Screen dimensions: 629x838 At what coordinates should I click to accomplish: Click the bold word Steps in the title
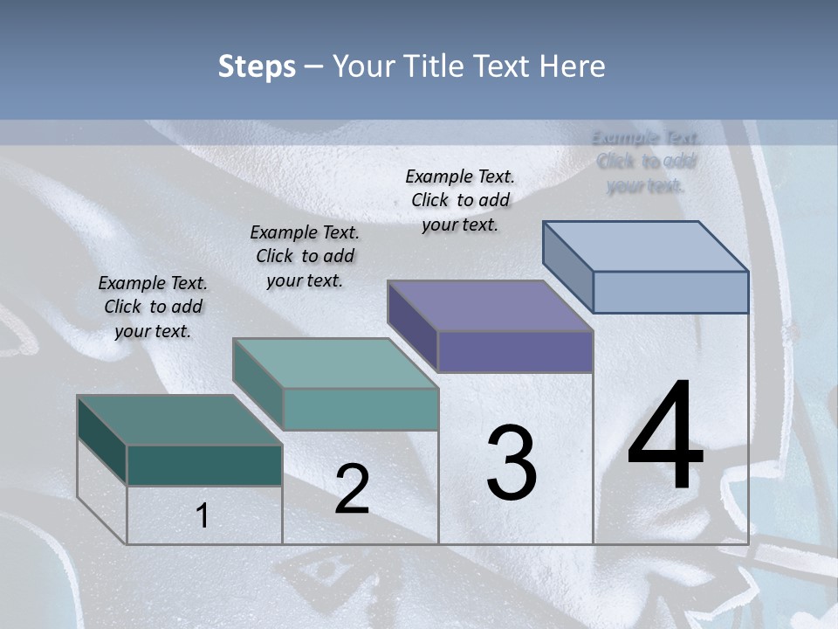[x=257, y=66]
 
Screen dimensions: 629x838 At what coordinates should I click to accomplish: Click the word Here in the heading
[x=573, y=66]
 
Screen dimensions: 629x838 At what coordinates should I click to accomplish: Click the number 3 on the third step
[x=512, y=463]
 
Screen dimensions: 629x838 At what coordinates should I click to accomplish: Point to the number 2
[x=352, y=489]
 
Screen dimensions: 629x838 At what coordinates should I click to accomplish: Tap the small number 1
[x=203, y=516]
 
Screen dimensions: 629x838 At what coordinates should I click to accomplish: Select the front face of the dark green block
[x=204, y=465]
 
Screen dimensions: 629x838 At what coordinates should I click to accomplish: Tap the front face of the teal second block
[x=361, y=409]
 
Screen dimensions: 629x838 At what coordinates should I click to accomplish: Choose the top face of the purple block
[x=490, y=306]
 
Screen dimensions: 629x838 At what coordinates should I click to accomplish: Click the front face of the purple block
[x=515, y=351]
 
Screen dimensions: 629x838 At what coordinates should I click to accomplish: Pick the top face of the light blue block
[x=645, y=246]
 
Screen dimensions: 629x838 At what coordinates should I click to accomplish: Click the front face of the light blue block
[x=670, y=292]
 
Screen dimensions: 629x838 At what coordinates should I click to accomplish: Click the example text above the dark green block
[x=153, y=307]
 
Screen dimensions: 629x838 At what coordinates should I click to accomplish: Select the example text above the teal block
[x=305, y=256]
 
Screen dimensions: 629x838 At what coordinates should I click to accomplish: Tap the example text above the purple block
[x=460, y=200]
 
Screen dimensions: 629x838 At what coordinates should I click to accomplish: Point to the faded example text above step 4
[x=646, y=162]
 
